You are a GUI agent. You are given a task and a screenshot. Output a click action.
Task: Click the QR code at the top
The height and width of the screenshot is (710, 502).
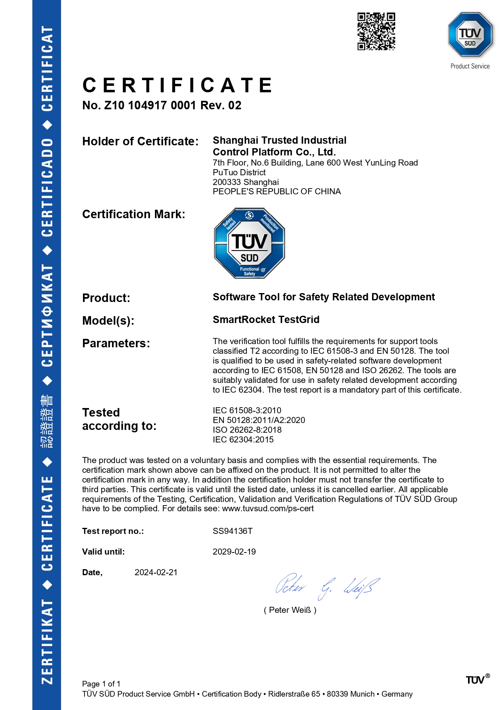click(376, 31)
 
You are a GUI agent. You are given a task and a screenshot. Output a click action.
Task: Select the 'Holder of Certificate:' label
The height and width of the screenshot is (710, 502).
click(140, 141)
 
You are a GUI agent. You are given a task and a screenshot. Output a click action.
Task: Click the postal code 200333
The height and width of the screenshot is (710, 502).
click(225, 182)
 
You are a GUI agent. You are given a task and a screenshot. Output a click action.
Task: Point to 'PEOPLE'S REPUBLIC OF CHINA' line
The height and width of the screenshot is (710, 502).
click(277, 191)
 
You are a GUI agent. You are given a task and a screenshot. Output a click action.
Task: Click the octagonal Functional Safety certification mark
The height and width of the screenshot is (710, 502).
click(249, 243)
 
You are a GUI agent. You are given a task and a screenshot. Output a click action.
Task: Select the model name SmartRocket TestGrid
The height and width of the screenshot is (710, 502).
click(266, 320)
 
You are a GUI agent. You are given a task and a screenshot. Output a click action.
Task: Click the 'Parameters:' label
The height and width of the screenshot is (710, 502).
click(116, 343)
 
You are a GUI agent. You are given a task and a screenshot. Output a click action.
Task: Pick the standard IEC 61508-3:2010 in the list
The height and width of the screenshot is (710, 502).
click(247, 410)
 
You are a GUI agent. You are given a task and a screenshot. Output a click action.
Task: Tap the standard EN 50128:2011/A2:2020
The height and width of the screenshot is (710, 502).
click(259, 420)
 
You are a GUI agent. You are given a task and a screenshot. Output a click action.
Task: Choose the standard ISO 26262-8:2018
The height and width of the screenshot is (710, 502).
click(247, 430)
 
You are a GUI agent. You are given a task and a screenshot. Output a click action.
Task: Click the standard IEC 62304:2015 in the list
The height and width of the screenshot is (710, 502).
click(243, 440)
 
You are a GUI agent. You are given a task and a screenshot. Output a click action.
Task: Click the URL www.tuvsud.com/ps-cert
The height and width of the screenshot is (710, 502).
click(268, 508)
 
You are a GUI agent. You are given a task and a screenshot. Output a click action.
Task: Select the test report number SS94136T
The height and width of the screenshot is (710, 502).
click(233, 531)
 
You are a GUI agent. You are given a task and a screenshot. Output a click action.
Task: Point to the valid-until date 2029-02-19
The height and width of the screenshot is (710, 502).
click(234, 552)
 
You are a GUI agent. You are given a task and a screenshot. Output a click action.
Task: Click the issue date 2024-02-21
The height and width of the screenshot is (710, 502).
click(156, 572)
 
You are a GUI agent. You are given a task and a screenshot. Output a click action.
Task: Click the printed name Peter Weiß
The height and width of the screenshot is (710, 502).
click(290, 610)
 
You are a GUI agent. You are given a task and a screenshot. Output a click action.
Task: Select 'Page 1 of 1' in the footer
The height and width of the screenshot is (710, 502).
click(101, 684)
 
